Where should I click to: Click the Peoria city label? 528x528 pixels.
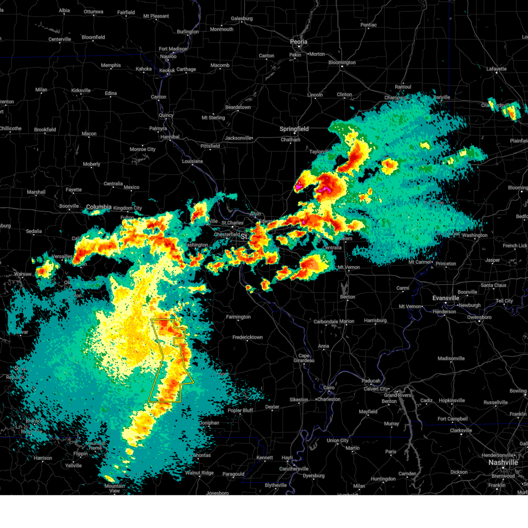pos(298,42)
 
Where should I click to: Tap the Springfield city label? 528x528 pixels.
pos(294,129)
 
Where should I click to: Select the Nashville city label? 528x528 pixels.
pos(503,462)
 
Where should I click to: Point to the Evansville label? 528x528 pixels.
pos(446,298)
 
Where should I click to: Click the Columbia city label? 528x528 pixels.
pos(99,207)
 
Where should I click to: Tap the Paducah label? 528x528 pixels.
pos(371,381)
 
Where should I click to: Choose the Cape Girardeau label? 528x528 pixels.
pos(304,358)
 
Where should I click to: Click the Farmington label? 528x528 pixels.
pos(238,317)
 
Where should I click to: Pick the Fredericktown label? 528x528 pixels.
pos(247,337)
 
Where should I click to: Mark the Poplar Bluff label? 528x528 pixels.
pos(240,411)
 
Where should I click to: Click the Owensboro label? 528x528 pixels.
pos(479,317)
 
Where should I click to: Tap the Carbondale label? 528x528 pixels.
pos(326,322)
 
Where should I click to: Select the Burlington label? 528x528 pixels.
pos(188,32)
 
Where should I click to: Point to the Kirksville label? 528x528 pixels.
pos(81,91)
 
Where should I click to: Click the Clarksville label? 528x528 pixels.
pos(461,430)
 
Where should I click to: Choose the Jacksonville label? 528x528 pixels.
pos(238,138)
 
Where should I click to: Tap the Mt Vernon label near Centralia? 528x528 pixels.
pos(348,268)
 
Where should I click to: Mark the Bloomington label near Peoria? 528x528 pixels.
pos(342,62)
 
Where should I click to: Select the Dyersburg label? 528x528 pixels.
pos(314,476)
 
